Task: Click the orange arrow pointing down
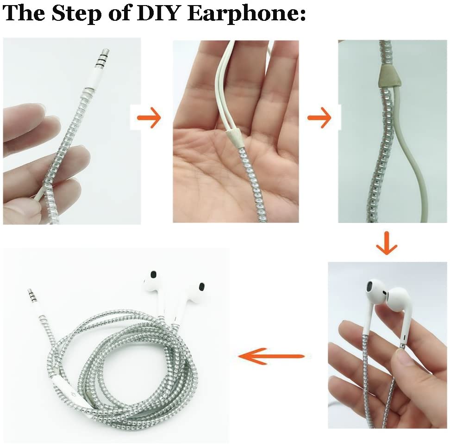pyautogui.click(x=387, y=246)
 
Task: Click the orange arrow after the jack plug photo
pyautogui.click(x=149, y=119)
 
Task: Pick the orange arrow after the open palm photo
pyautogui.click(x=319, y=119)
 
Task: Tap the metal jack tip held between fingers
pyautogui.click(x=104, y=60)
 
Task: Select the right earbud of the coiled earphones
pyautogui.click(x=197, y=290)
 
